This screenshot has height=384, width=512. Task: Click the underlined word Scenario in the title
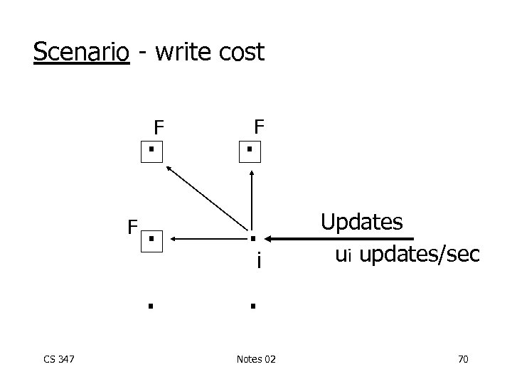[82, 52]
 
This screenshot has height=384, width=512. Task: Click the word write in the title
[178, 52]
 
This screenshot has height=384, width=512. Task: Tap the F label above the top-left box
[159, 128]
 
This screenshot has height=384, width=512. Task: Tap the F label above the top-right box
[260, 127]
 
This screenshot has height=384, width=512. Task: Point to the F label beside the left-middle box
[132, 228]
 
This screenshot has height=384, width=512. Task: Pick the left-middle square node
[152, 239]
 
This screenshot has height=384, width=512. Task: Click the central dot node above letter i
[252, 238]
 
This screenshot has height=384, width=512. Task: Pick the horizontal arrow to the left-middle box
[203, 239]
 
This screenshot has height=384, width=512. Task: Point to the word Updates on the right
[361, 222]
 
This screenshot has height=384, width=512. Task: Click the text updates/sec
[420, 255]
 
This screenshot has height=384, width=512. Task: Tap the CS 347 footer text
[59, 360]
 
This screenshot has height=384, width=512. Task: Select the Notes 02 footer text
[256, 360]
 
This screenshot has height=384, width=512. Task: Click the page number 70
[462, 360]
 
